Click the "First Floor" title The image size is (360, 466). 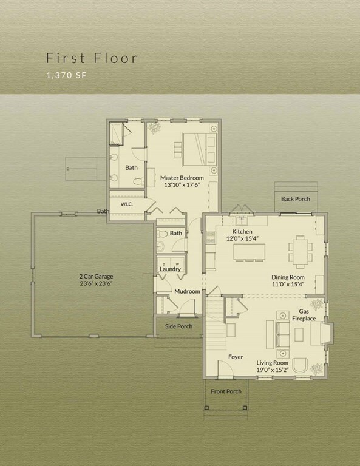tap(92, 58)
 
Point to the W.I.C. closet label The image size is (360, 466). tap(126, 204)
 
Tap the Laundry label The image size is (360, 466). tap(170, 269)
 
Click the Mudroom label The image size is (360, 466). tap(187, 291)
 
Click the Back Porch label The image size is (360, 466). tap(295, 199)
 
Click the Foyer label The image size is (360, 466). tap(236, 357)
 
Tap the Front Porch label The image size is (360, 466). tap(226, 391)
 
